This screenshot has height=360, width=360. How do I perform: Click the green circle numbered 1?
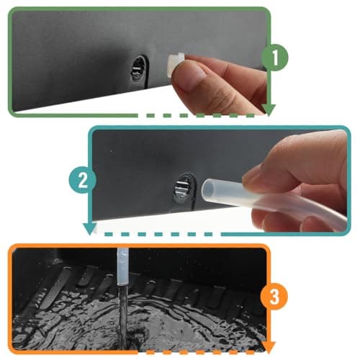[x=274, y=58]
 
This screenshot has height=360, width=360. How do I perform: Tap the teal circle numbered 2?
[x=83, y=180]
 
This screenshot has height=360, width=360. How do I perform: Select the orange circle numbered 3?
[x=274, y=297]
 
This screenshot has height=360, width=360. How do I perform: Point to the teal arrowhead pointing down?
[x=90, y=229]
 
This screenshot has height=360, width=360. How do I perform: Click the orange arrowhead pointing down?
[x=269, y=347]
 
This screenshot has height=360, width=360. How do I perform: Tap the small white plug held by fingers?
[x=176, y=64]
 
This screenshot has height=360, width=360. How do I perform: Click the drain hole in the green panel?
[x=139, y=69]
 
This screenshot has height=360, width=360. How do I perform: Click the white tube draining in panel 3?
[x=122, y=266]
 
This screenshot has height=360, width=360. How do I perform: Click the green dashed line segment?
[x=200, y=116]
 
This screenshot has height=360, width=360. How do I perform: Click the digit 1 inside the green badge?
[x=275, y=58]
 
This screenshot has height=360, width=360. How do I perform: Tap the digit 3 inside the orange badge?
[x=274, y=297]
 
